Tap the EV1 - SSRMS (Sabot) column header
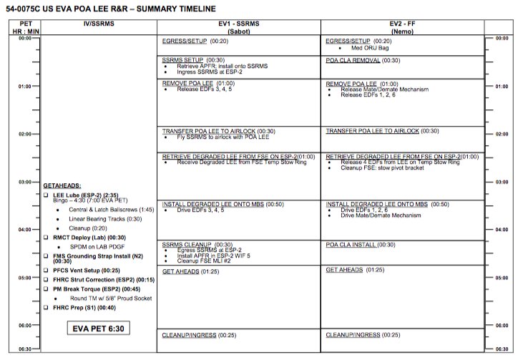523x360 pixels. [x=240, y=28]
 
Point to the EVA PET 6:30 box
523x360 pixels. [x=99, y=329]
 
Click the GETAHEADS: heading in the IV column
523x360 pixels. [x=62, y=185]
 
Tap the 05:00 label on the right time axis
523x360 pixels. [x=502, y=278]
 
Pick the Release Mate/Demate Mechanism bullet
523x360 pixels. [x=379, y=89]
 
